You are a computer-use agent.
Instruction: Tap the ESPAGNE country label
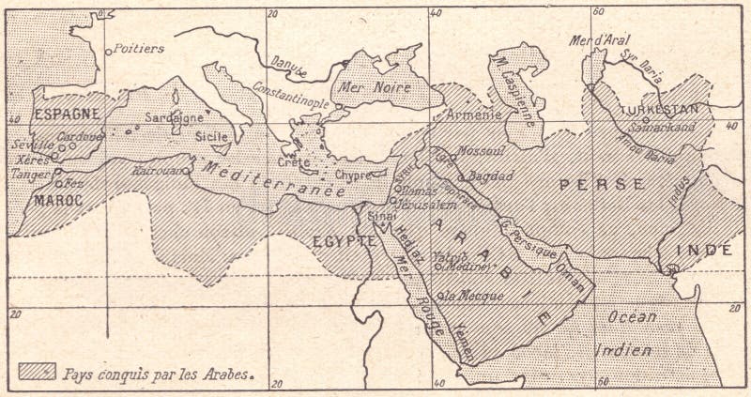pyautogui.click(x=67, y=114)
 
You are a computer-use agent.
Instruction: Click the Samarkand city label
pyautogui.click(x=663, y=127)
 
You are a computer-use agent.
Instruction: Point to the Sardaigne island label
pyautogui.click(x=174, y=119)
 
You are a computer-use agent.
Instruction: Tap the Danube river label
pyautogui.click(x=288, y=62)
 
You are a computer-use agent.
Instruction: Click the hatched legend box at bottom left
pyautogui.click(x=38, y=371)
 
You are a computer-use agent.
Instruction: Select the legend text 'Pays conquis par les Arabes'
pyautogui.click(x=159, y=372)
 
